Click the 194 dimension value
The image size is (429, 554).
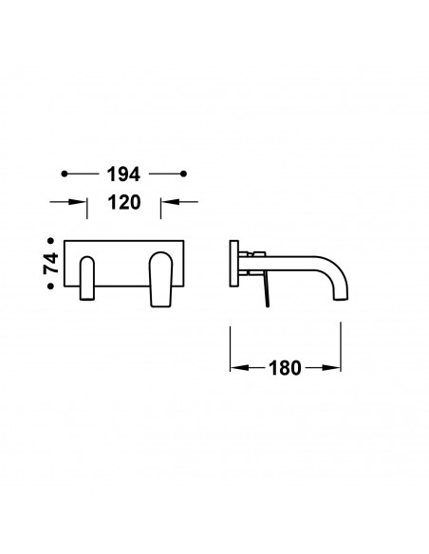point(123,175)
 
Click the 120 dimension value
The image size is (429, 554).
point(124,202)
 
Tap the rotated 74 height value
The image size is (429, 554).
point(51,263)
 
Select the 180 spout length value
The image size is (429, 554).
point(285,368)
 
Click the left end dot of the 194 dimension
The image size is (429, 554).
point(64,174)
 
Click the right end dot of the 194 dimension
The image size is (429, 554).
point(183,174)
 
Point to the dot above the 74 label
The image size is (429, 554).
point(50,241)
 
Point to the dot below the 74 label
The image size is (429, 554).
point(50,286)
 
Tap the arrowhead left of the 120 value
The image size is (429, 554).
point(78,202)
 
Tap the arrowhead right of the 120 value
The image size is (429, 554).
point(170,202)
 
